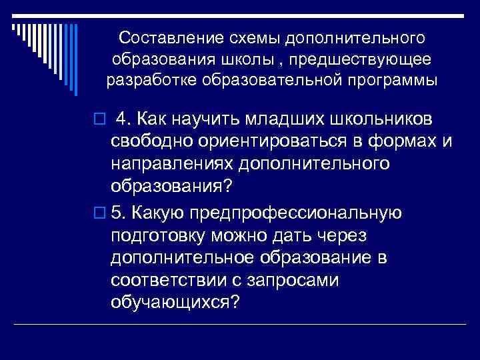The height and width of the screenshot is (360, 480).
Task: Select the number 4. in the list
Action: (x=123, y=119)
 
